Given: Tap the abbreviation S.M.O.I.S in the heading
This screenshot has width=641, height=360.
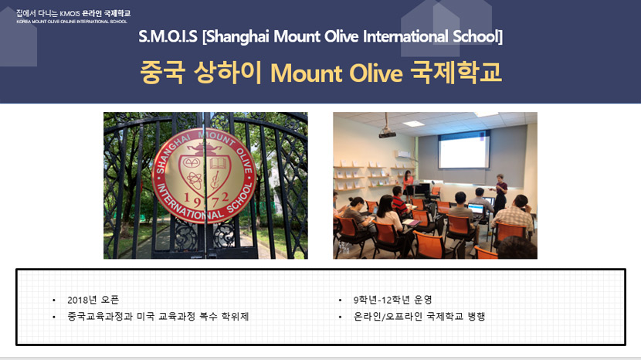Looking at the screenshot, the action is (168, 36).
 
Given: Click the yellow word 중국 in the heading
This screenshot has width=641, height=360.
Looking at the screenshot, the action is (162, 73).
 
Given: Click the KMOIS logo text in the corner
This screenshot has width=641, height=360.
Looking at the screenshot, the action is (73, 16).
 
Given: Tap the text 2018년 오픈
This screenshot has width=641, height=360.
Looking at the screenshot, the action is (93, 300).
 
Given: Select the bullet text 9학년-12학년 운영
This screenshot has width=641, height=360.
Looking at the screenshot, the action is (392, 300).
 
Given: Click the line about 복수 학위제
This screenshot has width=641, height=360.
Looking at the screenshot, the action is (158, 317).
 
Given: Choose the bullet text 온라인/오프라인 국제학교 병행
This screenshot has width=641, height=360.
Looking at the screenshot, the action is (419, 317).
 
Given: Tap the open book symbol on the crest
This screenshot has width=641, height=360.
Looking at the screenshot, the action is (218, 164).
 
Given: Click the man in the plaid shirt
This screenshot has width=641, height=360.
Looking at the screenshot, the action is (514, 215).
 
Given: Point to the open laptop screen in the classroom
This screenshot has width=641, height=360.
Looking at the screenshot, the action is (477, 209).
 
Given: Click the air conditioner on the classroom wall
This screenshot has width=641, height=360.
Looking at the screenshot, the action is (403, 155).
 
